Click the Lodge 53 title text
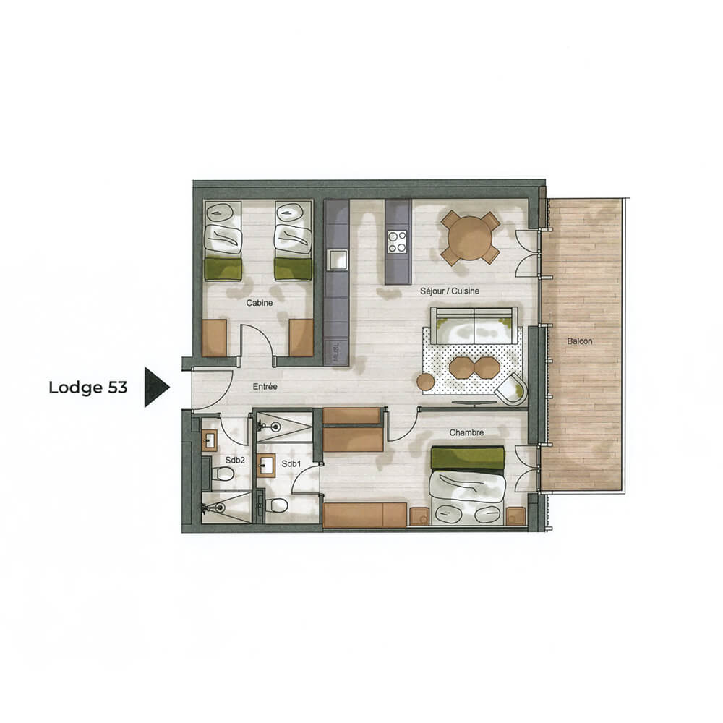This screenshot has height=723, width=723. [87, 388]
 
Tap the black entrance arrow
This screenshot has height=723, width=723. [155, 387]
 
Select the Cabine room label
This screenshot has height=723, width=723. [259, 303]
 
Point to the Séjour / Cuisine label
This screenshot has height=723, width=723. [450, 291]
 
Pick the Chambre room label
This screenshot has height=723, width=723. [466, 432]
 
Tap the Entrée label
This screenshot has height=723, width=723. [265, 387]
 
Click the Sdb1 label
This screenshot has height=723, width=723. [291, 463]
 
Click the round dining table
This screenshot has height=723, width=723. [470, 238]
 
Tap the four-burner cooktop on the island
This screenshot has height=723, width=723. [398, 241]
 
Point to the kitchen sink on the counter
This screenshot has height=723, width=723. [336, 259]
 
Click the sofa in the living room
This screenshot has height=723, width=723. [474, 325]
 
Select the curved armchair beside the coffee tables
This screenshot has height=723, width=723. [514, 388]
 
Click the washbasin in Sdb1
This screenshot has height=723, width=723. [265, 466]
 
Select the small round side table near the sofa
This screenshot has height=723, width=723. [425, 381]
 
